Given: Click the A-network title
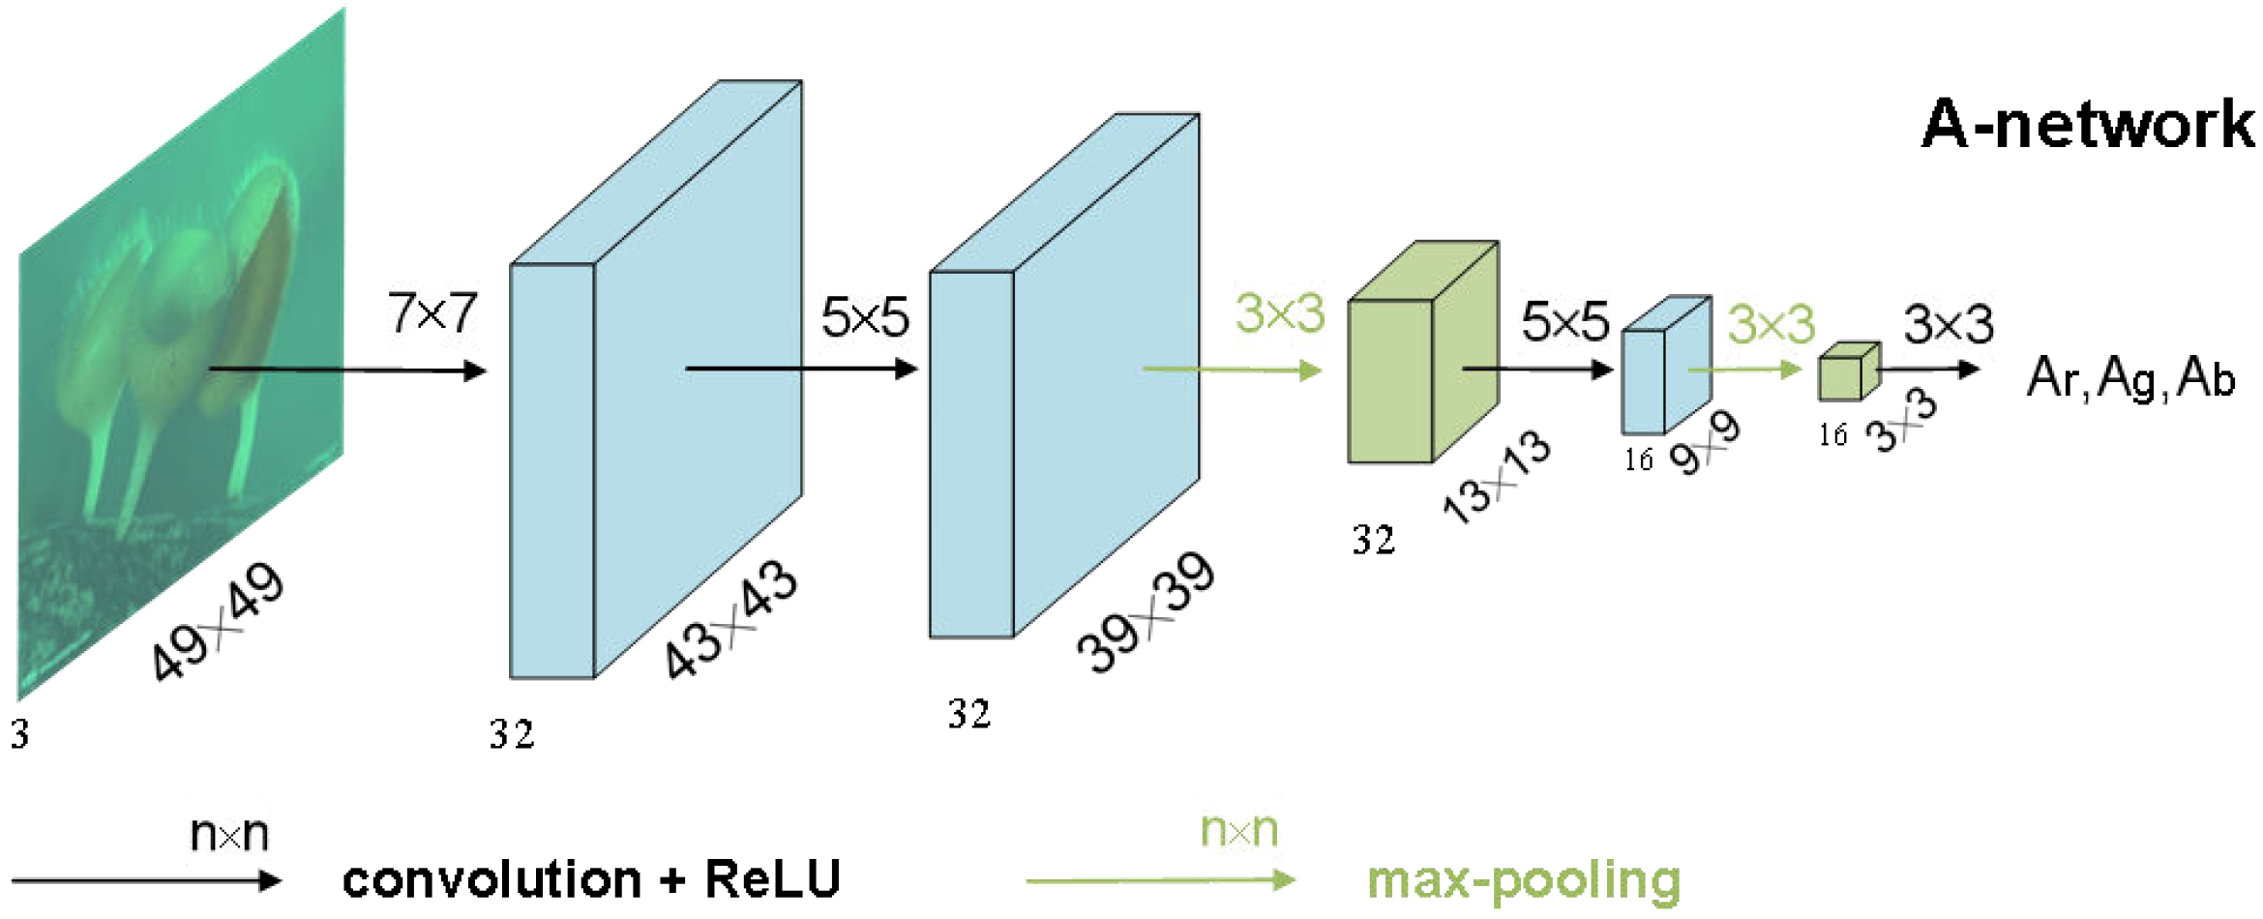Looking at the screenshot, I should [2087, 125].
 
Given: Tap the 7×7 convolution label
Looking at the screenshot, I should [432, 313].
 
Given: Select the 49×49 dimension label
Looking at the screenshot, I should [218, 622].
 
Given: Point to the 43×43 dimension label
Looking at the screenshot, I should [731, 620].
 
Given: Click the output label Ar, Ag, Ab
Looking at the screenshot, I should [2129, 378].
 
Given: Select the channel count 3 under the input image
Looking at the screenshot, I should [20, 735].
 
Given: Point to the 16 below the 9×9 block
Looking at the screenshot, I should [1638, 459].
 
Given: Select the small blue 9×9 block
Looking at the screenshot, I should [1662, 368].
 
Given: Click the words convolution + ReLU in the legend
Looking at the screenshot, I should [591, 879].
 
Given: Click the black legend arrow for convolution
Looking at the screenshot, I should [145, 880].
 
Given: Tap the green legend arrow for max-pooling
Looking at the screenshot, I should [1160, 880].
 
